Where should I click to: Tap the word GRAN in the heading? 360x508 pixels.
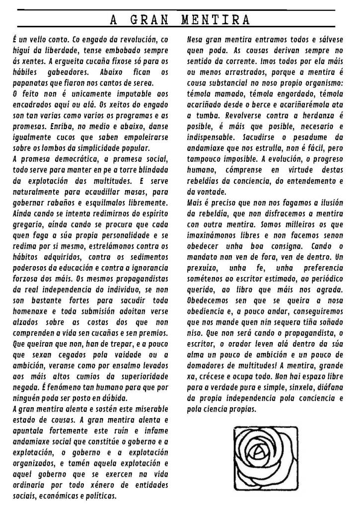(148, 20)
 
